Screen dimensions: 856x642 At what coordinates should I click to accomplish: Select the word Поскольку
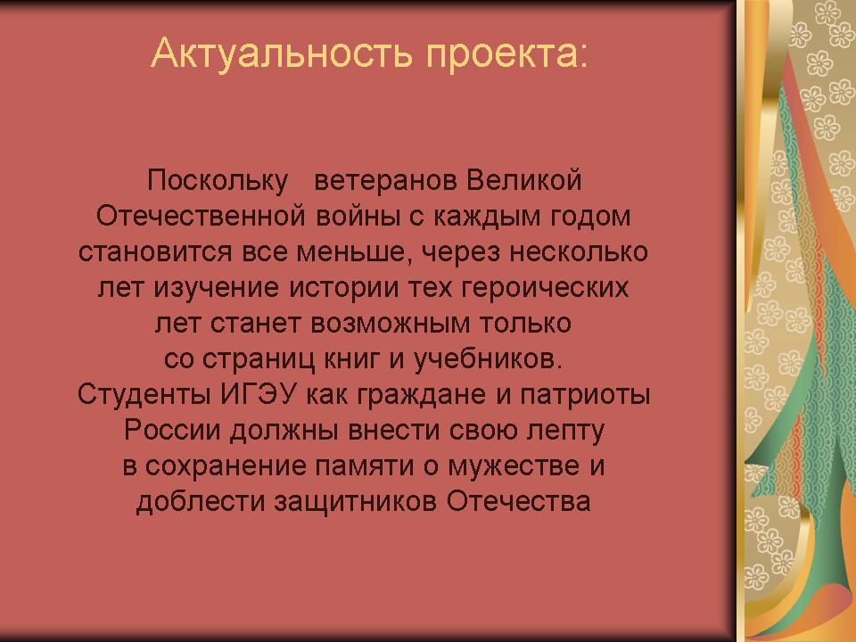218,181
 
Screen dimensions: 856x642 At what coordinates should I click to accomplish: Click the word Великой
523,181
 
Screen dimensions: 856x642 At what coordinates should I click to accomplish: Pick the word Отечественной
201,216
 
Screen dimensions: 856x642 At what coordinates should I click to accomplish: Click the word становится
155,252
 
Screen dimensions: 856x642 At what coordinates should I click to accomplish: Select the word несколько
579,252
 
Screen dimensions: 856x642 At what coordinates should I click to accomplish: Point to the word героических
546,288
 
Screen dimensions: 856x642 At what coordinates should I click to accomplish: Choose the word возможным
391,324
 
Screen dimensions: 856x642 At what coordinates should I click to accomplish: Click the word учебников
488,359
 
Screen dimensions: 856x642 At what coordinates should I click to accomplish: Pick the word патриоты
585,395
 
